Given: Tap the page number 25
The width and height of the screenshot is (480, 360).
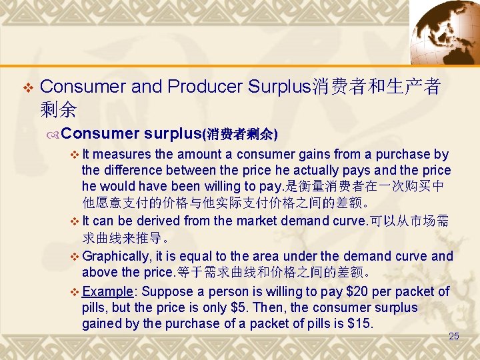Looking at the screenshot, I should tap(454, 336).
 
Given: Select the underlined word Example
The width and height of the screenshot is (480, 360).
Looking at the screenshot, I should tap(110, 291).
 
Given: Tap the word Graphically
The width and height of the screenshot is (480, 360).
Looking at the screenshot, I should tap(117, 256).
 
